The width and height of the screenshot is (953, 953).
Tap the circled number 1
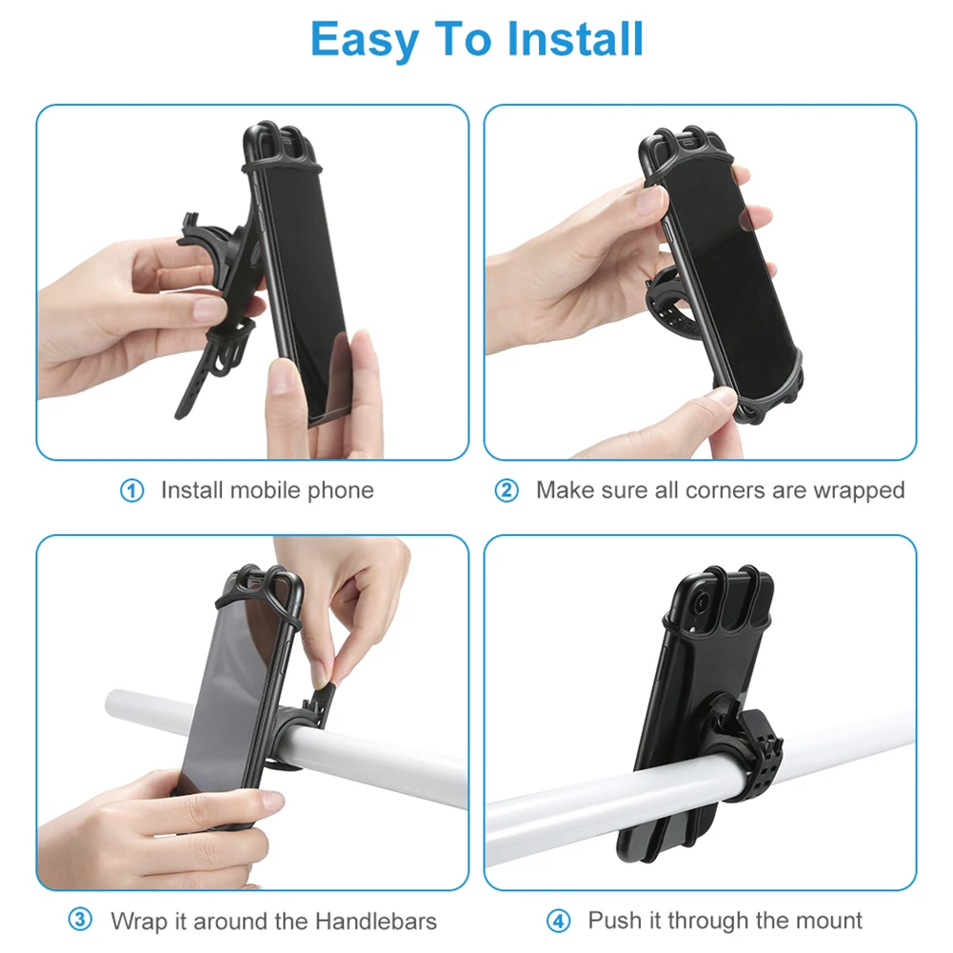(x=131, y=491)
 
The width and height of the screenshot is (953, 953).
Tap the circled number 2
(x=506, y=491)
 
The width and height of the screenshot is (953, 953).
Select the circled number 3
(x=81, y=921)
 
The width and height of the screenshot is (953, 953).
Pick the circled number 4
(x=558, y=921)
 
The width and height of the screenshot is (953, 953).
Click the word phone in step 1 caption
(x=340, y=491)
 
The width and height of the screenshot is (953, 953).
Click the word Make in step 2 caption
(x=564, y=491)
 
